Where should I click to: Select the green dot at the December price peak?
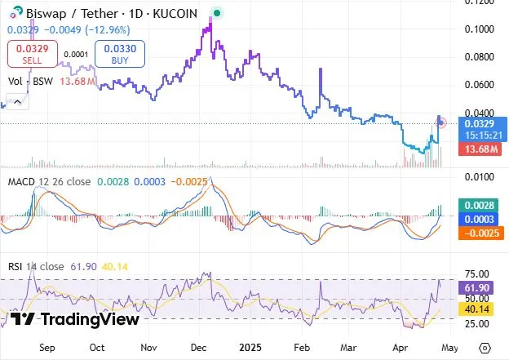tap(216, 12)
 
